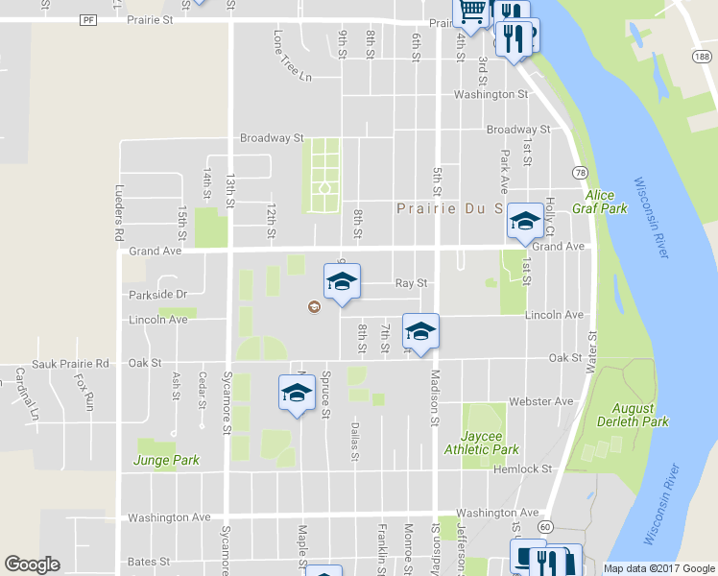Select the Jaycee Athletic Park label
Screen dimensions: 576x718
pos(482,443)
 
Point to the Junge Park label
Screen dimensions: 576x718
pos(166,460)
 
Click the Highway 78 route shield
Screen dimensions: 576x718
pos(581,172)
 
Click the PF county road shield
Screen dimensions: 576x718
pos(89,19)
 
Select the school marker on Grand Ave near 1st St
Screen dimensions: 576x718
pos(524,223)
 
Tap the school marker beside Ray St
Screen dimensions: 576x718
pos(341,281)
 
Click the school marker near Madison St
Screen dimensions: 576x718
pos(419,331)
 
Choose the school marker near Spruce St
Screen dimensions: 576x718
pos(298,392)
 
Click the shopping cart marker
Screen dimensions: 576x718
pos(471,12)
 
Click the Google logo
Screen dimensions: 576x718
pos(33,564)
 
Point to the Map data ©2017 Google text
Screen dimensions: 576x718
pos(658,568)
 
